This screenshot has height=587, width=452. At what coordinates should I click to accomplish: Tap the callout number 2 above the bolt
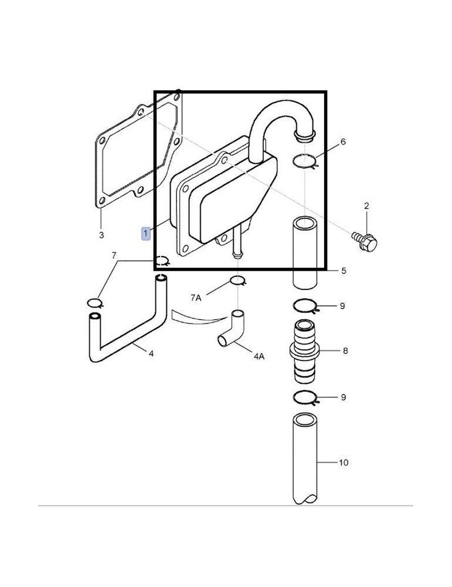(366, 206)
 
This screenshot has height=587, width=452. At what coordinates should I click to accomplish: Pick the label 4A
(259, 356)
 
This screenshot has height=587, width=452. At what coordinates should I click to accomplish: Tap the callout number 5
(344, 271)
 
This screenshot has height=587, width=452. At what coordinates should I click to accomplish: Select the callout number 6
(343, 142)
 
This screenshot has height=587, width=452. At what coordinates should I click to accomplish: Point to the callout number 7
(114, 255)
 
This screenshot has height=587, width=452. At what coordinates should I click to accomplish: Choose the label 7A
(196, 298)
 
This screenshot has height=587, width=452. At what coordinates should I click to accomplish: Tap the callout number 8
(345, 351)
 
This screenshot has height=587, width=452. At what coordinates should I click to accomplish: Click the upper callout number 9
(343, 306)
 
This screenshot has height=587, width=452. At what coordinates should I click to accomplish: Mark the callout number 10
(344, 463)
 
